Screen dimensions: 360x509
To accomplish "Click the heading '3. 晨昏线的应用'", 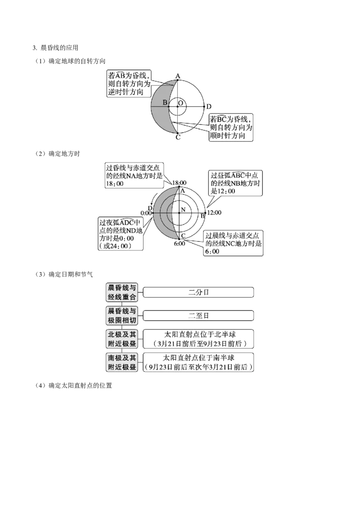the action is pos(55,48).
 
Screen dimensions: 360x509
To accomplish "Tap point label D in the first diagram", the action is pos(209,107).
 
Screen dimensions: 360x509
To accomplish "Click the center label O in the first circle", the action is pos(181,103).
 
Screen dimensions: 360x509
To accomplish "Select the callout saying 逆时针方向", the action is pos(129,84).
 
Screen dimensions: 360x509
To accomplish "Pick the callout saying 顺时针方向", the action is pos(231,127).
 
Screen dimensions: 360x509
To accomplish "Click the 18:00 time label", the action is pos(179,183).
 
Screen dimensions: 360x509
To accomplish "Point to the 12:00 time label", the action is pos(214,213).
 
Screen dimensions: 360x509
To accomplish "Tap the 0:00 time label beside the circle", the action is pos(146,213).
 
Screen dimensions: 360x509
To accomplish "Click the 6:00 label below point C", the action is pos(180,243).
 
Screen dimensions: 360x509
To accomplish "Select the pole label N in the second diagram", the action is pos(183,210).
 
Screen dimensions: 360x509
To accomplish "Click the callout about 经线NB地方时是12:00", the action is pos(235,183).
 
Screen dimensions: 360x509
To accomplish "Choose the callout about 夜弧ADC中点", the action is pos(121,234).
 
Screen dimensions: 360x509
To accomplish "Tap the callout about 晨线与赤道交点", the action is pos(233,243).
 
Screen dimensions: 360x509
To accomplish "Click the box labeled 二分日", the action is pos(198,292).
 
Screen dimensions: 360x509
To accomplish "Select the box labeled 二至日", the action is pos(198,316).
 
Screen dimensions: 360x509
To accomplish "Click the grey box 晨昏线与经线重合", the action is pos(122,292).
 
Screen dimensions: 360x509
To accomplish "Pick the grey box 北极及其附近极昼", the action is pos(122,339).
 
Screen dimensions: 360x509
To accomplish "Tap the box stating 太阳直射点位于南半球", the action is pos(198,362).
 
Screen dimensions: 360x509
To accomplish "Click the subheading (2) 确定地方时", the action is pos(57,153).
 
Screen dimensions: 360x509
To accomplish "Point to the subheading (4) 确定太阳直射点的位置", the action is pos(73,386).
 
